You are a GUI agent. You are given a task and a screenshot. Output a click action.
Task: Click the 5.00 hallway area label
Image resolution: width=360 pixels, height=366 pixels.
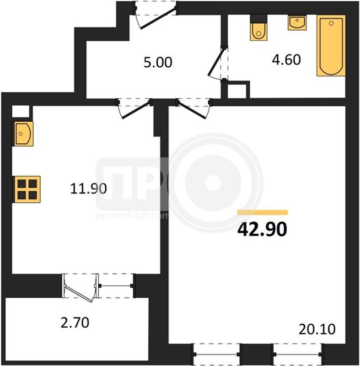point(158,62)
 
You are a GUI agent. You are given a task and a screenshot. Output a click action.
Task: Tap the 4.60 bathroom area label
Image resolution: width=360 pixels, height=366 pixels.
point(286,59)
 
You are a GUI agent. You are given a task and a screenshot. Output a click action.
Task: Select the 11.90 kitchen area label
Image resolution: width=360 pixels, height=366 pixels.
point(88,188)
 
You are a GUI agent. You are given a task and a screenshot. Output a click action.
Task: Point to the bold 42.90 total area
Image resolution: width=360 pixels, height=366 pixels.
point(262,229)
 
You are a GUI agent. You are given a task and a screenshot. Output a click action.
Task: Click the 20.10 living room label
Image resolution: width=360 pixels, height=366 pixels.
point(317,329)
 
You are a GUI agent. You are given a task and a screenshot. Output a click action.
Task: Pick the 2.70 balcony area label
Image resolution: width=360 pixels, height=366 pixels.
point(75,323)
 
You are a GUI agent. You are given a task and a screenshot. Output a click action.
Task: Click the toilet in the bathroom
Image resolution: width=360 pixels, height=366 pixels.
point(258,27)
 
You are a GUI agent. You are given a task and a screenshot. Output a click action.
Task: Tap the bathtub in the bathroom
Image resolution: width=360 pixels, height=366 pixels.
point(331,45)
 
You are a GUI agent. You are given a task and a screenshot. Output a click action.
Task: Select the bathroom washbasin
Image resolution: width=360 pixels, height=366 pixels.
point(297,22)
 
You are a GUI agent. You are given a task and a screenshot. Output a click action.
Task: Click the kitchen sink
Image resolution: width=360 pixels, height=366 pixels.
point(22,134)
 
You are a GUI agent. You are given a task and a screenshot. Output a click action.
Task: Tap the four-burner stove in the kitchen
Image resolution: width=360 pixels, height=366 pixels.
point(27,189)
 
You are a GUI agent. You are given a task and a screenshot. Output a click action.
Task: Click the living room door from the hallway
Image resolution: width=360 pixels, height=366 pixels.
point(193,108)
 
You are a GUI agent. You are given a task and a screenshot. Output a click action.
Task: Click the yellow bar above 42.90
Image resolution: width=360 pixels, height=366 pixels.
point(263,212)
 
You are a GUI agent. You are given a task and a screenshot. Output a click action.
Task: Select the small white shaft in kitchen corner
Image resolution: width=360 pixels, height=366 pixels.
point(21,111)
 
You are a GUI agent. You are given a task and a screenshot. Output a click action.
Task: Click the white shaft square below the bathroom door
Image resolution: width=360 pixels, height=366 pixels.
point(237,91)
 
